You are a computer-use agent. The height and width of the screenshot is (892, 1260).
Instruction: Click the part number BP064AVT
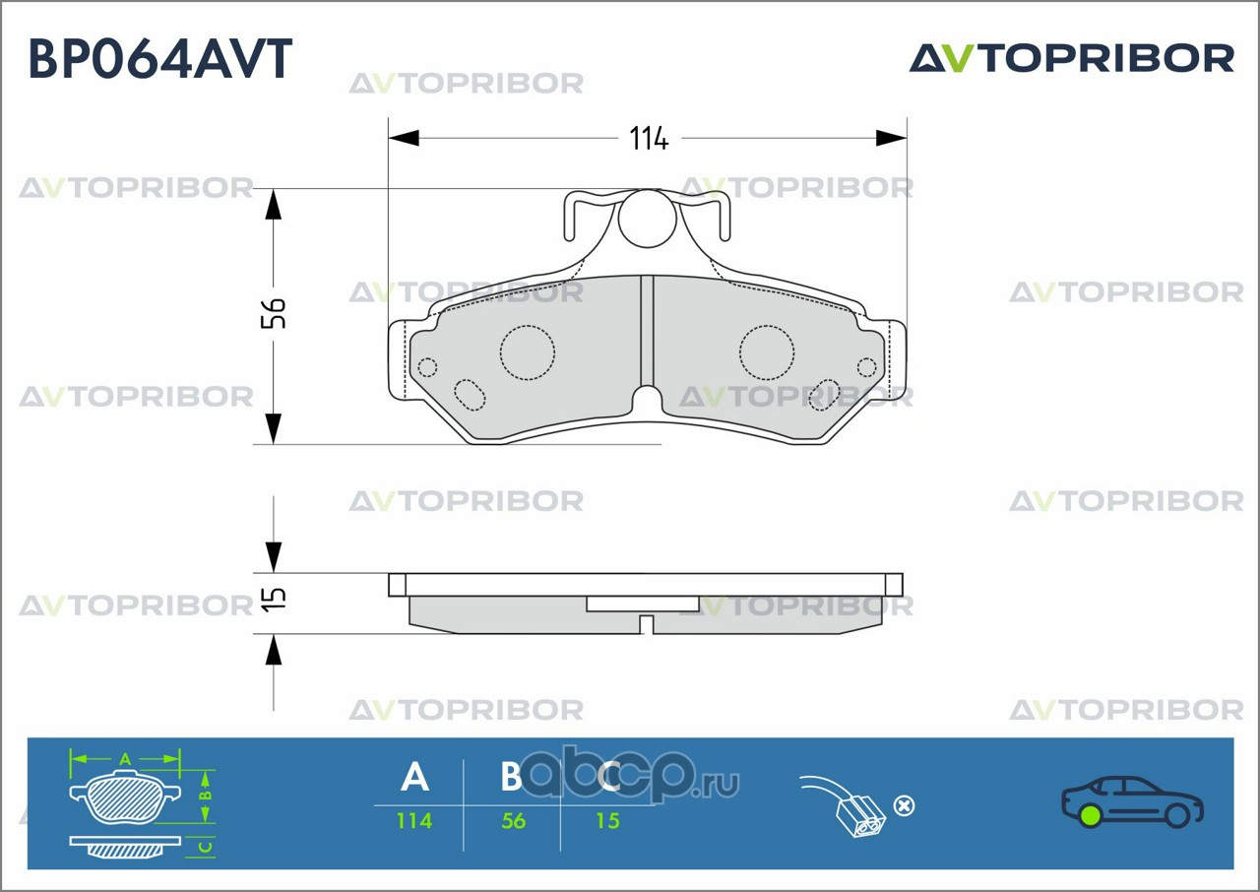(x=160, y=59)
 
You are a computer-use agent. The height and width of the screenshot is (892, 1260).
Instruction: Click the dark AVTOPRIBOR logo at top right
(x=1071, y=58)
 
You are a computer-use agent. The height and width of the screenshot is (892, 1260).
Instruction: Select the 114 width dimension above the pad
(x=649, y=139)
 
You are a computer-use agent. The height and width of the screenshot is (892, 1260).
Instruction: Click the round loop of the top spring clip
(x=647, y=219)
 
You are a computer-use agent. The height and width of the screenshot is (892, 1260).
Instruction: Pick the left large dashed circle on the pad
(x=528, y=351)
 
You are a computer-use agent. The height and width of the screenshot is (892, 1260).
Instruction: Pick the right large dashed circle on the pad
(x=767, y=351)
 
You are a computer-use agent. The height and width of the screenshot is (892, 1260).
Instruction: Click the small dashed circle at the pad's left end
(x=427, y=367)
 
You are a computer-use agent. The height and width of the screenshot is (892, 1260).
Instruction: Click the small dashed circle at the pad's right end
(x=866, y=367)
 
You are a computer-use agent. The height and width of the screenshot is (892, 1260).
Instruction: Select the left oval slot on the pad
(x=470, y=394)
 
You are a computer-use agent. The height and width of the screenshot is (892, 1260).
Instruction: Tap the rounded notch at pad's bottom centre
(x=647, y=402)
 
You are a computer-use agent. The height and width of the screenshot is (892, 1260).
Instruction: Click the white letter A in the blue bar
(x=415, y=778)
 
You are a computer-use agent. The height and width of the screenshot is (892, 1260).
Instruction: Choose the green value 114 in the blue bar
(x=414, y=820)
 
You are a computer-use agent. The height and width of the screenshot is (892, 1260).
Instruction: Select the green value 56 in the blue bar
(x=514, y=820)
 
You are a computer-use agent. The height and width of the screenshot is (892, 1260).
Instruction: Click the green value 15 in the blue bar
(x=608, y=820)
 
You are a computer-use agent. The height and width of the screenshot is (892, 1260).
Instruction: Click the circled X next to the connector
(x=904, y=805)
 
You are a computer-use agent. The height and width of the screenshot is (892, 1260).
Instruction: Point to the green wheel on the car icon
(x=1090, y=815)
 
